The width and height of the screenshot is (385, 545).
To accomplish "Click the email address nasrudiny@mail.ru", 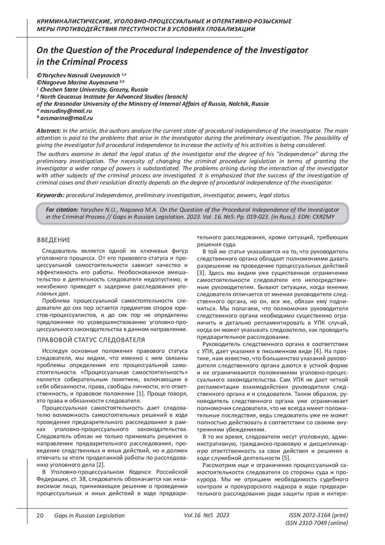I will [x=66, y=111].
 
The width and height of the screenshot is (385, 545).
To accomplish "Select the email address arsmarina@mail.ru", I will [x=67, y=118].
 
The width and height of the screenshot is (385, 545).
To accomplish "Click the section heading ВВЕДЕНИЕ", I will [x=54, y=240].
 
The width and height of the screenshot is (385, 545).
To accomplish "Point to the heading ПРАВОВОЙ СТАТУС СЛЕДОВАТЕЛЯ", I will [x=91, y=340].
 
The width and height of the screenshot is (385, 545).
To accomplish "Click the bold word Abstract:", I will [x=49, y=131].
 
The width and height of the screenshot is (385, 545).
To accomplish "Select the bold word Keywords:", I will [x=51, y=195].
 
